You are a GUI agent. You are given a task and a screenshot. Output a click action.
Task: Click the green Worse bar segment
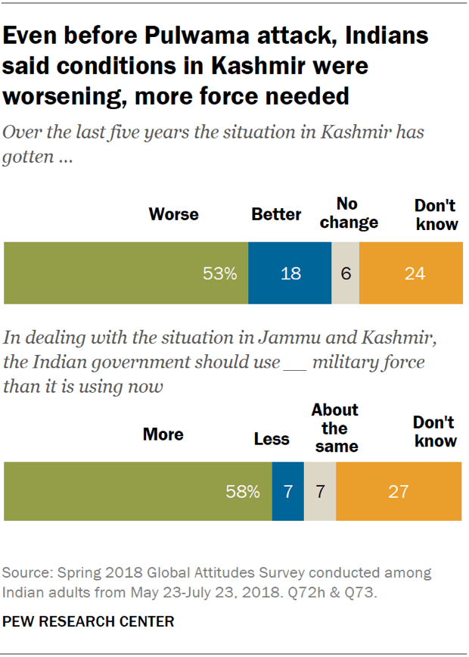click(126, 273)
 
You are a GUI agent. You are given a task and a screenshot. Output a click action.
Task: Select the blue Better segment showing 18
click(290, 273)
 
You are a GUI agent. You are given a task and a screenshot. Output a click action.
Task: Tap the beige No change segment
click(345, 273)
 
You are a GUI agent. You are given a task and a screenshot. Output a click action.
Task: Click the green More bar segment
click(138, 492)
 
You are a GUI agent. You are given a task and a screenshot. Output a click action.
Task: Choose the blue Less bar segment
click(287, 492)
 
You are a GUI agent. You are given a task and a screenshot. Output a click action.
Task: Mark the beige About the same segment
click(320, 492)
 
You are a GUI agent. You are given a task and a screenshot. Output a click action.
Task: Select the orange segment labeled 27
click(398, 492)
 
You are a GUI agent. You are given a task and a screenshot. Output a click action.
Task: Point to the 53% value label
click(219, 274)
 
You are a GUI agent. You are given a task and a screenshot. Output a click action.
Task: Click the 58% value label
click(242, 492)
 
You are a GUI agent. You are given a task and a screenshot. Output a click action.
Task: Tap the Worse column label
click(173, 214)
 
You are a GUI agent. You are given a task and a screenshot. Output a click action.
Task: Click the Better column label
click(276, 214)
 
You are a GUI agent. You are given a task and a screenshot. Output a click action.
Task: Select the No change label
click(347, 213)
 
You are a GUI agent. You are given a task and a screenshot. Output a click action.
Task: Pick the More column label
click(163, 434)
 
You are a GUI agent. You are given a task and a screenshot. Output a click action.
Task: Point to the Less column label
click(272, 439)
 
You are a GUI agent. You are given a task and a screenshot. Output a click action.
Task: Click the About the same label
click(336, 428)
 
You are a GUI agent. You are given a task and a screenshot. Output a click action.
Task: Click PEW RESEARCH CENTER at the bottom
click(89, 621)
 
